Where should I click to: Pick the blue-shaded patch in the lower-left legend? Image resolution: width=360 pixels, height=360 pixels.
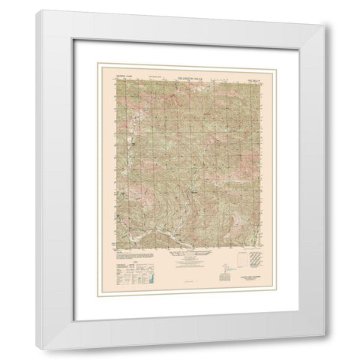(x=147, y=277)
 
